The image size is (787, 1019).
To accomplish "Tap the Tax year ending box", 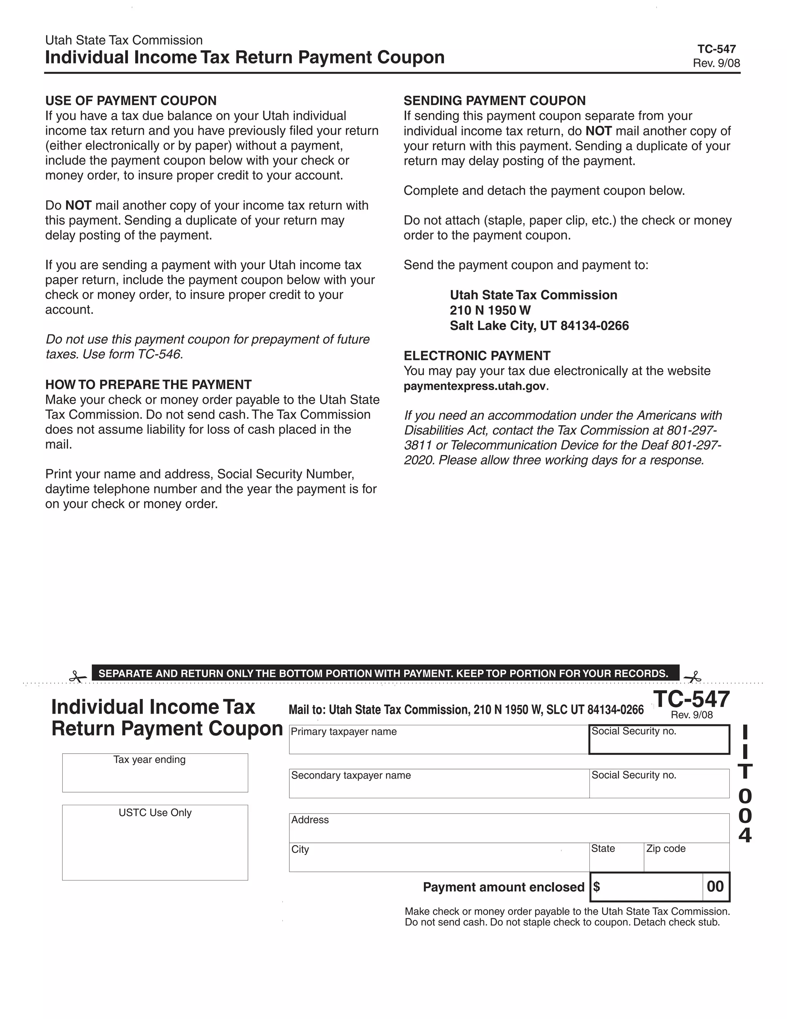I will (x=155, y=776).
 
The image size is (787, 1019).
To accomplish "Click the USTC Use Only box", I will (x=155, y=846).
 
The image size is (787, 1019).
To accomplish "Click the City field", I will (x=438, y=861).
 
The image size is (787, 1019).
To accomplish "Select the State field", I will (x=616, y=861).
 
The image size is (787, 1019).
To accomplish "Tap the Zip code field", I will (x=686, y=861).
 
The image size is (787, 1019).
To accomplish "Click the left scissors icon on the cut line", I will (x=77, y=676).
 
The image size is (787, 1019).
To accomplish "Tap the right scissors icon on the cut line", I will (x=693, y=676).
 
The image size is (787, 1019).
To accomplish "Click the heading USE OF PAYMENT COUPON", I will (x=131, y=101).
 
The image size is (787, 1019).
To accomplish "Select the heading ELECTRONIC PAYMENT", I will (x=477, y=356).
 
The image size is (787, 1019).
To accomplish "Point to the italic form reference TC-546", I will (x=159, y=355).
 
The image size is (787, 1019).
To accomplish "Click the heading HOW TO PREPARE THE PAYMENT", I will (x=148, y=385).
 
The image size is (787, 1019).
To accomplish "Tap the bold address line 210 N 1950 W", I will (x=490, y=310).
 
